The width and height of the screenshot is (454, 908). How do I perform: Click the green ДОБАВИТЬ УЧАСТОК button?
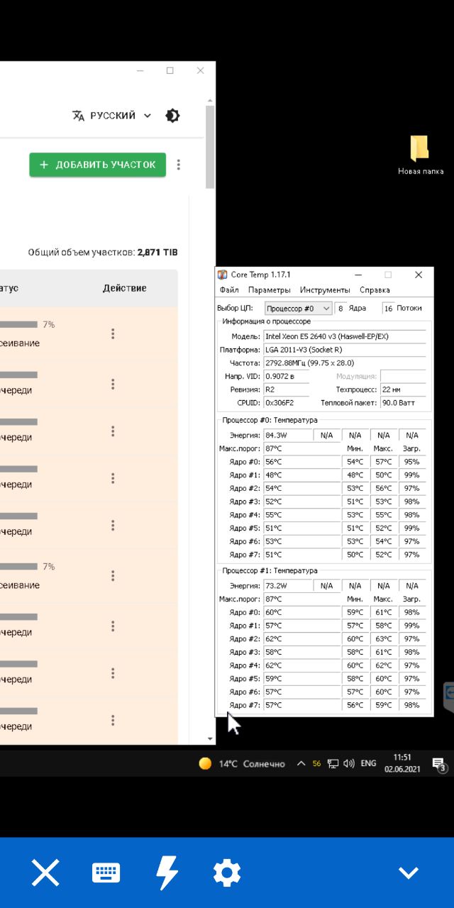(97, 165)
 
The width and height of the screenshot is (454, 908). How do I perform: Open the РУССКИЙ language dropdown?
(112, 116)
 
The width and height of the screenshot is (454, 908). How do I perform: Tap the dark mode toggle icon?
(172, 116)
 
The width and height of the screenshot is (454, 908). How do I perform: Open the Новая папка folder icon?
(419, 149)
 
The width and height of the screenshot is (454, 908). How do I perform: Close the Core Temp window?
(419, 275)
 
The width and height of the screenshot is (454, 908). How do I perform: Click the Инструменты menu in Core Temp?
(325, 290)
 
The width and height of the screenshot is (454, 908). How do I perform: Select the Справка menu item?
(375, 290)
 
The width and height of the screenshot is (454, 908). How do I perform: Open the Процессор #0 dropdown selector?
(298, 309)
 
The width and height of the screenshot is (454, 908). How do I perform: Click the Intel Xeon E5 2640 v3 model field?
(345, 336)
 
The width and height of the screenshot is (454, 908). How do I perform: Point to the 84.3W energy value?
(287, 436)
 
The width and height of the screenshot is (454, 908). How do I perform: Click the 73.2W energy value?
(287, 586)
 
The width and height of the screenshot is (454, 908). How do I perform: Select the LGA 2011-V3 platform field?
(345, 350)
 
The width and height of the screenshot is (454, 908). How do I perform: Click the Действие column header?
(125, 288)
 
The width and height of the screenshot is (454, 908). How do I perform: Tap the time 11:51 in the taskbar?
(402, 758)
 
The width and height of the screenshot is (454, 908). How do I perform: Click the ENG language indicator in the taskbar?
(368, 763)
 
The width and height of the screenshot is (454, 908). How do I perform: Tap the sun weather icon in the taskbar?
(205, 764)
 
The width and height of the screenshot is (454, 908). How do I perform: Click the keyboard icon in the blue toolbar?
(106, 873)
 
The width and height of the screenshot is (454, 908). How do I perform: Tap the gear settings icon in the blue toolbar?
(227, 873)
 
